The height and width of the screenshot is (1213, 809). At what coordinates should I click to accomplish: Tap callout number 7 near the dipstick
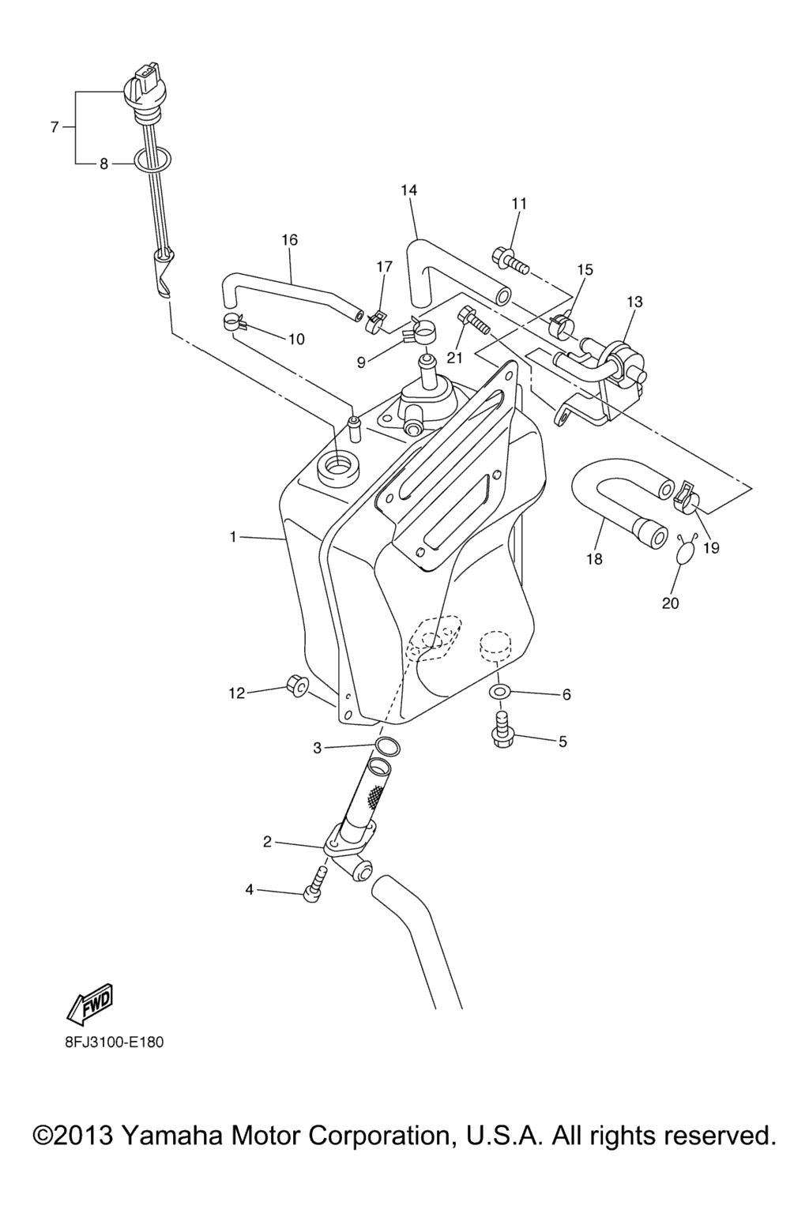(55, 127)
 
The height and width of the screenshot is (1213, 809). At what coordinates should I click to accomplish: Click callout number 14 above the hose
(409, 190)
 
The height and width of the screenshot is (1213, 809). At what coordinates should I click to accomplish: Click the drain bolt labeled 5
(502, 730)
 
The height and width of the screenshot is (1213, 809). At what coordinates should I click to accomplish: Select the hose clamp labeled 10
(233, 321)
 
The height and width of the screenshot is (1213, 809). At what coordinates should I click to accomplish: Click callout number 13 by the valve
(634, 302)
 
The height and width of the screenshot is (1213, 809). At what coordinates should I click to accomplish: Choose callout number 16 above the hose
(290, 239)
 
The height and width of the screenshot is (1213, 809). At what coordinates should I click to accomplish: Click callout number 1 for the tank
(233, 537)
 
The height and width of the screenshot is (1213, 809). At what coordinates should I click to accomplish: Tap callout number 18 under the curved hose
(594, 559)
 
